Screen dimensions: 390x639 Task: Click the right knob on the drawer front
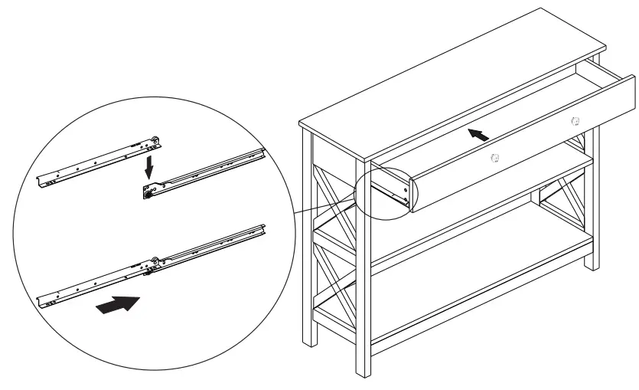click(x=575, y=120)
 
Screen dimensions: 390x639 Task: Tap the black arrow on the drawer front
click(x=478, y=135)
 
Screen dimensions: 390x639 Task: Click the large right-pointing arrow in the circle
click(x=119, y=304)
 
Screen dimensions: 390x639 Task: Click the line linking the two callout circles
click(x=325, y=209)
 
